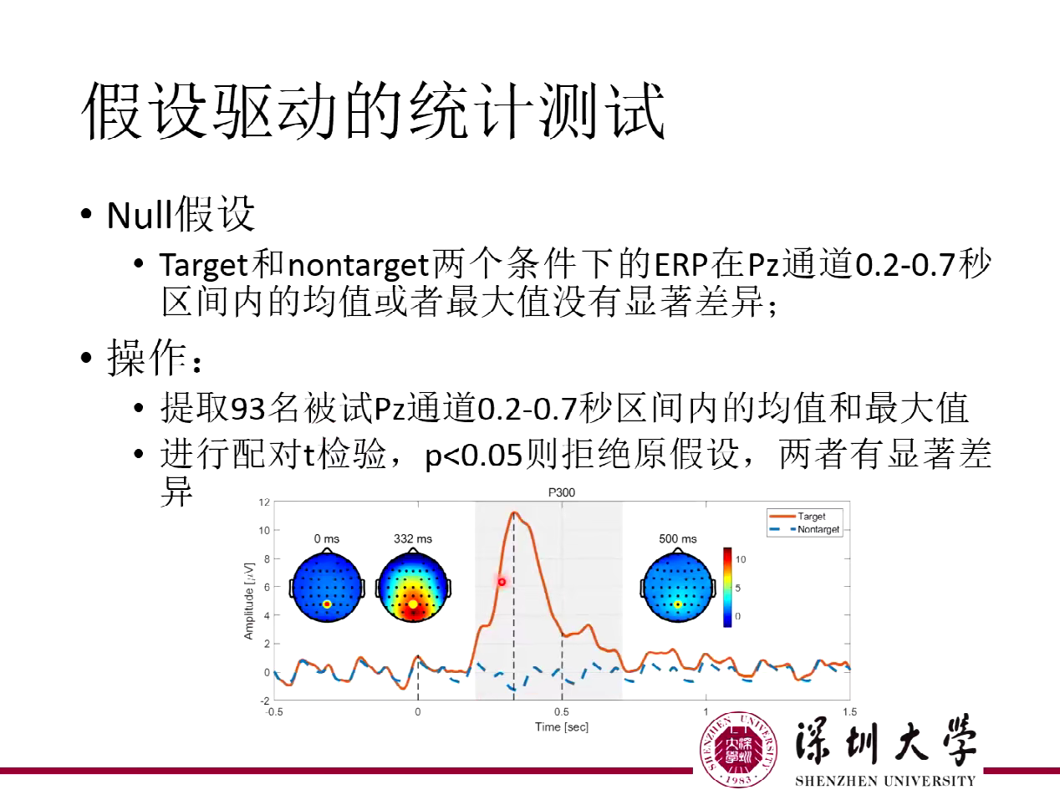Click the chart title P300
[x=562, y=492]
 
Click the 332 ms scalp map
[x=412, y=588]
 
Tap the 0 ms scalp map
[x=327, y=588]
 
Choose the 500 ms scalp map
[x=677, y=588]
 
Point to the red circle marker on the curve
[x=502, y=582]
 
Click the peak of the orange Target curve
[x=514, y=512]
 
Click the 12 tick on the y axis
[x=264, y=502]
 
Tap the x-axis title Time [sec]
[x=562, y=727]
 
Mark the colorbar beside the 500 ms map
[x=727, y=588]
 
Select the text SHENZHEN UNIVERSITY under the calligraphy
[x=884, y=782]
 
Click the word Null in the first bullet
[x=138, y=217]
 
